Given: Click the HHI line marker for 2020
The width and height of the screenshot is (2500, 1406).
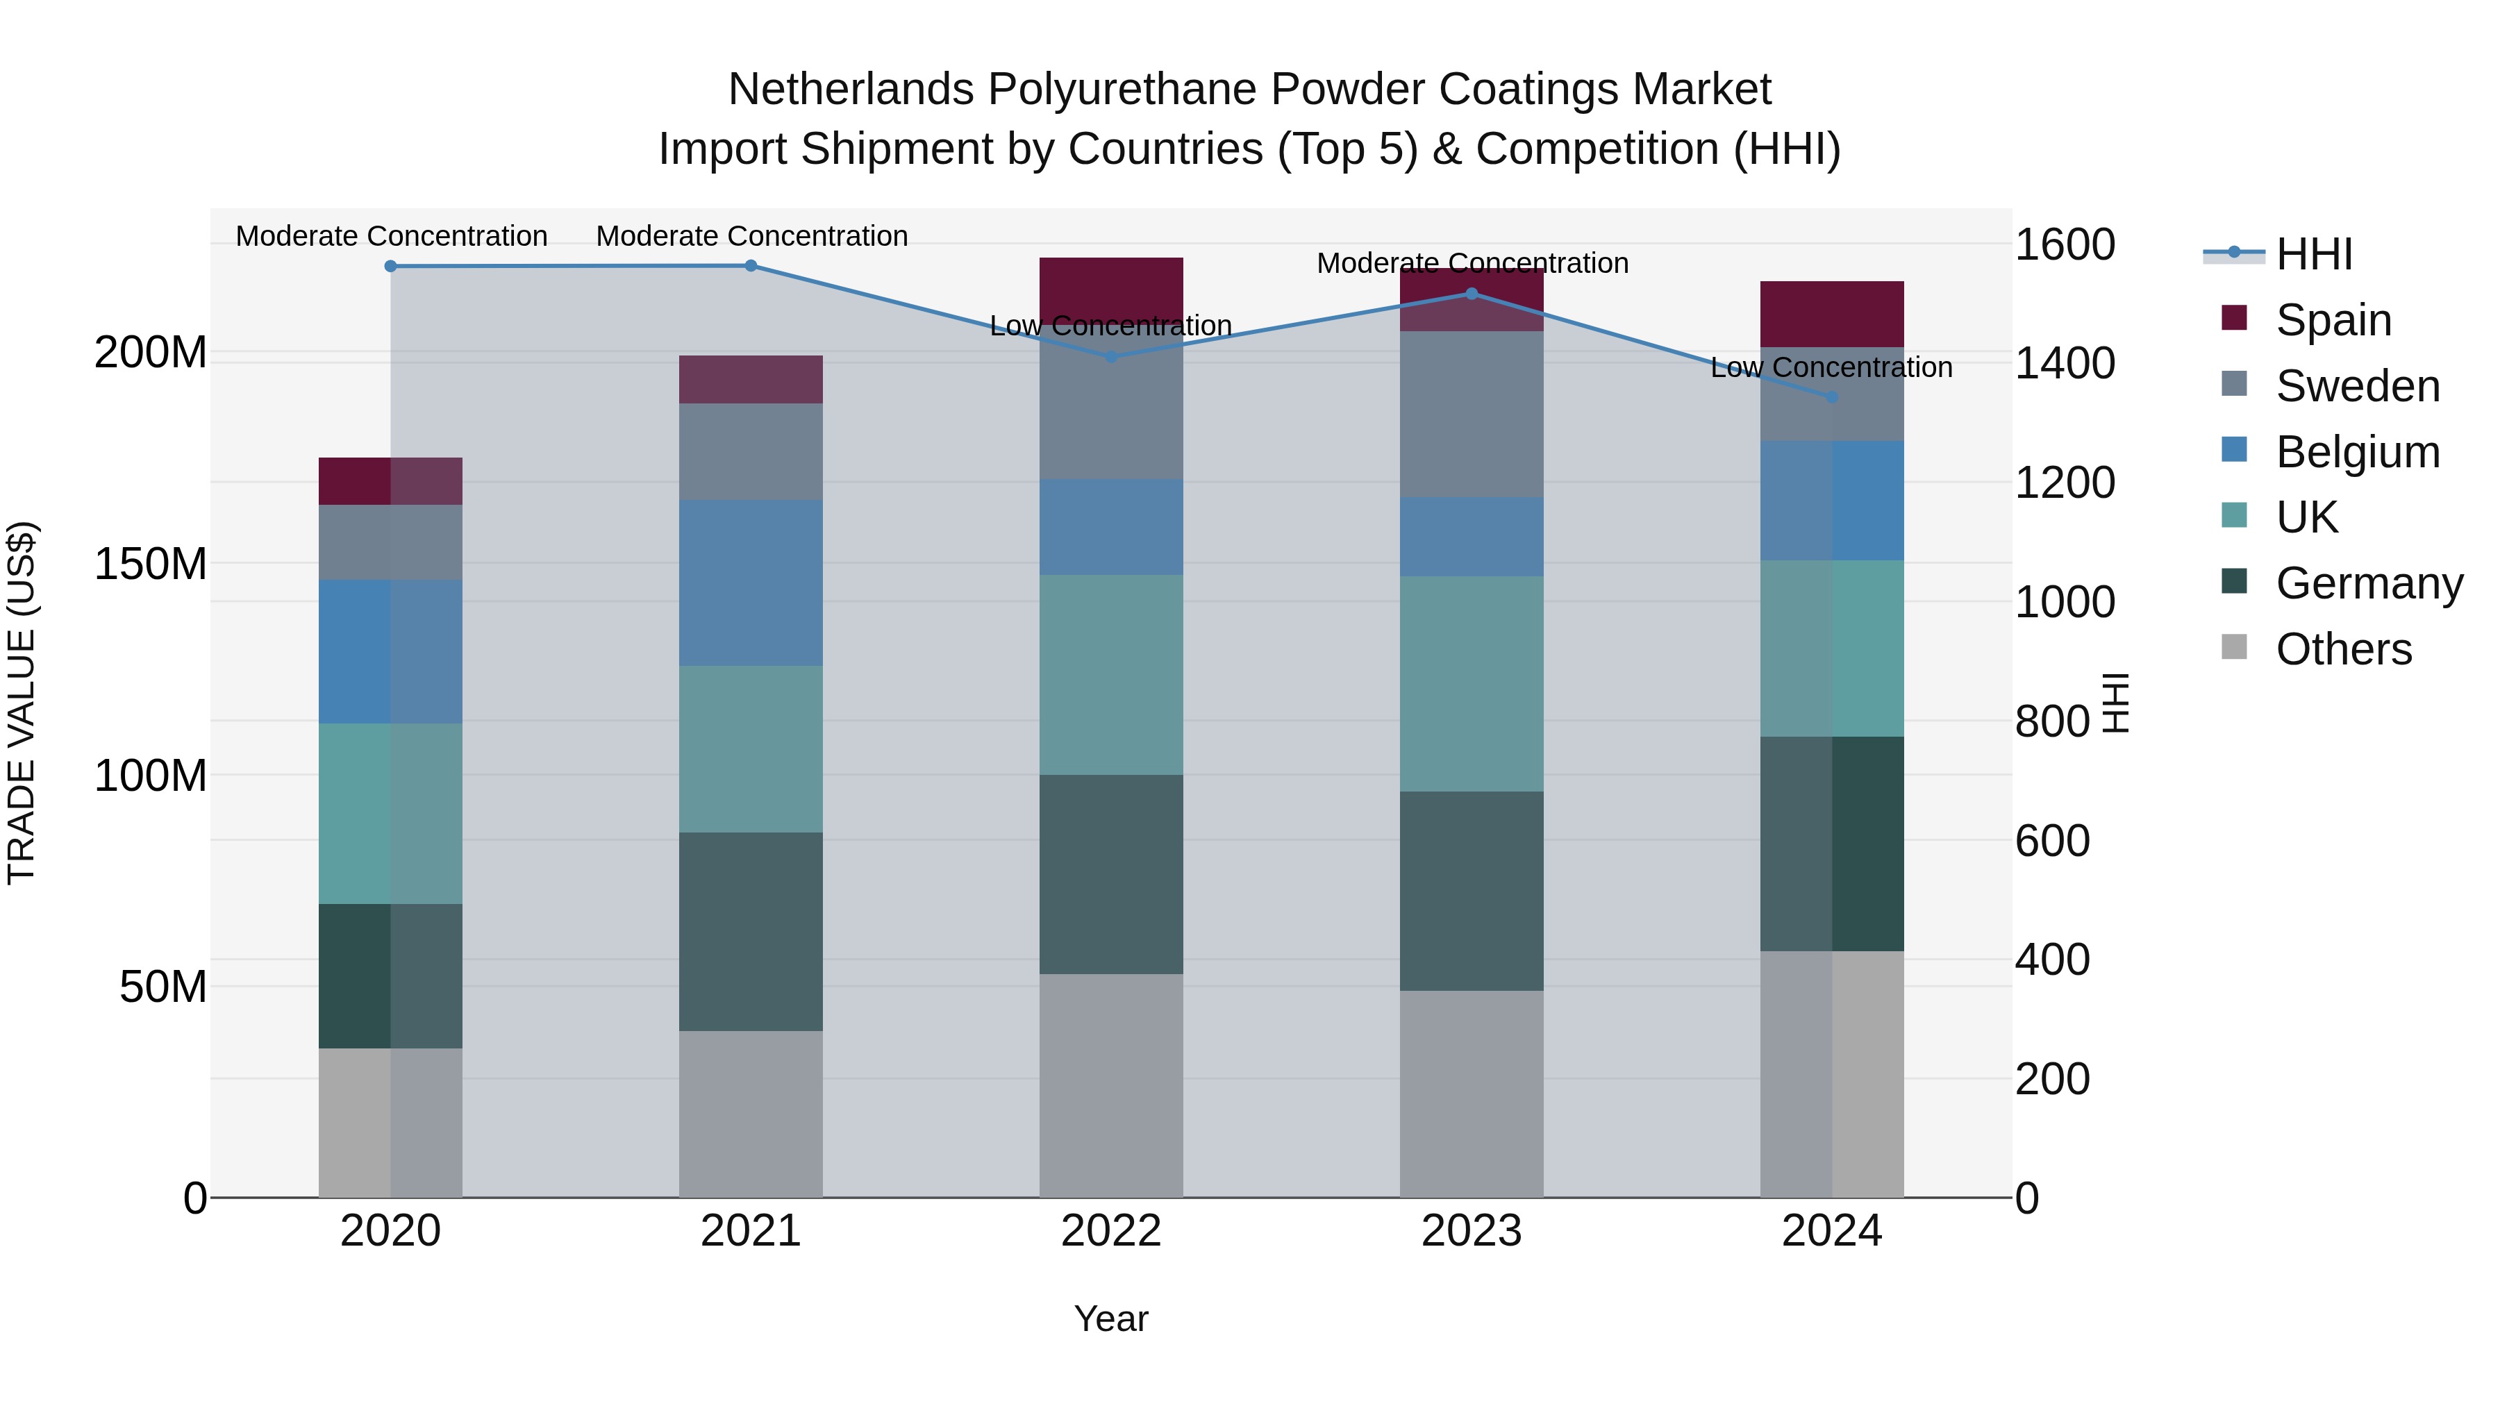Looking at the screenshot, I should pos(390,266).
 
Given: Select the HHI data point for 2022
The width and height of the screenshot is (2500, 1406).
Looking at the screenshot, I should pos(1111,356).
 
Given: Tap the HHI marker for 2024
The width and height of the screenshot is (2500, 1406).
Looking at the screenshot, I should pos(1831,397).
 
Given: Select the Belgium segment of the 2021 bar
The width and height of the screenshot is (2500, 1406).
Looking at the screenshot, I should pos(750,583).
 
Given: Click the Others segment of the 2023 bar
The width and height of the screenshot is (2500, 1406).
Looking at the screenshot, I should pos(1472,1094).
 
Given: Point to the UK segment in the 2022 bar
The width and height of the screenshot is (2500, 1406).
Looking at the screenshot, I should pos(1111,674).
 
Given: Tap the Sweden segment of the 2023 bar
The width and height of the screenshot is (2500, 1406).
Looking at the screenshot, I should pos(1472,415).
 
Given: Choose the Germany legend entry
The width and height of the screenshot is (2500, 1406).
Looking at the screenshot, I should pos(2369,583).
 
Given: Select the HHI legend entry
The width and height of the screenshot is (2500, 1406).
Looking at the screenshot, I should pos(2314,254).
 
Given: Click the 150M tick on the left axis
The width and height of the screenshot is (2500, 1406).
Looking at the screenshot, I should pos(151,564).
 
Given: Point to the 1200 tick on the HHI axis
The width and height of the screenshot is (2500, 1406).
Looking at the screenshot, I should pos(2065,483).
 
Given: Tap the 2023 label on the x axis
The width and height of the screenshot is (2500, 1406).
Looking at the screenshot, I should pos(1472,1231).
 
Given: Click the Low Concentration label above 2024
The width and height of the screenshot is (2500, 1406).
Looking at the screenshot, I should pos(1831,368).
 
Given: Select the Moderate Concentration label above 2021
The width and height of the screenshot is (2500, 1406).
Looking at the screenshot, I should pos(751,236).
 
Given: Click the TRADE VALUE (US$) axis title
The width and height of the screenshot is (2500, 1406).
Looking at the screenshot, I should pos(22,703).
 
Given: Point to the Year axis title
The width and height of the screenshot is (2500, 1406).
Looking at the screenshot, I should pos(1111,1319).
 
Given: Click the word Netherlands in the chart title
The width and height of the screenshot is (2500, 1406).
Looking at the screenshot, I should pos(851,90).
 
